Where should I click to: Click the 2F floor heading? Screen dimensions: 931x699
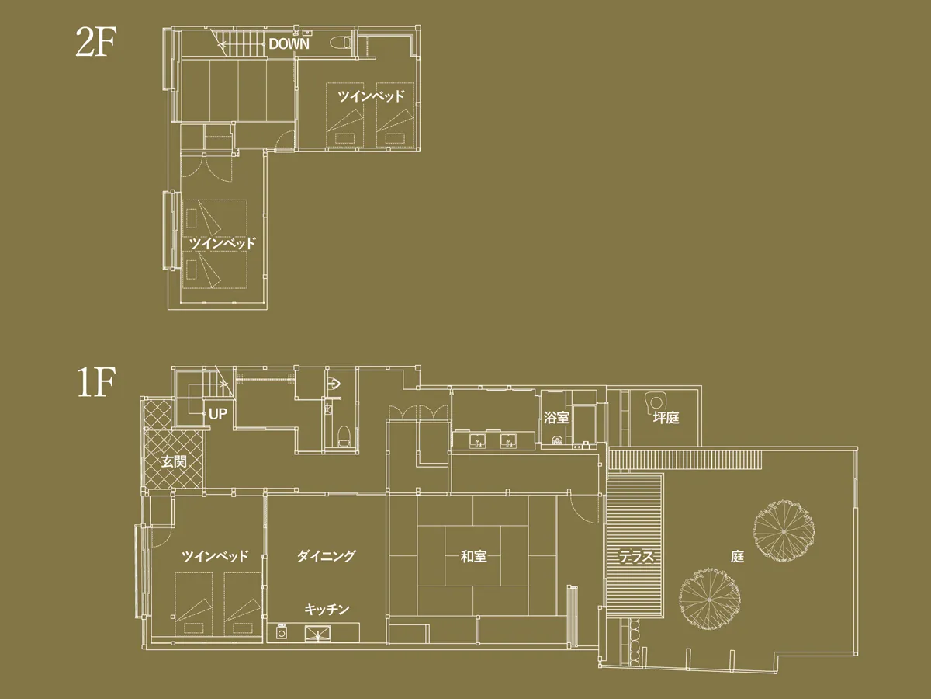click(x=96, y=42)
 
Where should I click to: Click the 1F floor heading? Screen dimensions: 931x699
click(x=96, y=382)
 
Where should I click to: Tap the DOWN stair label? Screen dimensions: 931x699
click(x=289, y=44)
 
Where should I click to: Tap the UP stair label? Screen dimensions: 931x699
click(x=218, y=414)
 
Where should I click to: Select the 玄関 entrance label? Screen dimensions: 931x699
click(x=174, y=461)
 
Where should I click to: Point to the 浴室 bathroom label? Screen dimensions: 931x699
click(x=556, y=418)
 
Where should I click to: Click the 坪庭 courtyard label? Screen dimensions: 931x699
click(x=666, y=418)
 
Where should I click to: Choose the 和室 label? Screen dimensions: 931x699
click(x=473, y=556)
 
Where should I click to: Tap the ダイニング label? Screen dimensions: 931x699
click(x=326, y=555)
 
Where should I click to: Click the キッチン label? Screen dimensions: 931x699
click(x=327, y=610)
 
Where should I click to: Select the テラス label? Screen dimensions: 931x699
click(x=635, y=556)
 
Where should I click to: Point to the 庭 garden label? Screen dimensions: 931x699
click(x=737, y=556)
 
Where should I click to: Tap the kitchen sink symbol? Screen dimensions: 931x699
click(x=317, y=634)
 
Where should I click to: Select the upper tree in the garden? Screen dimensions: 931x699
click(x=784, y=531)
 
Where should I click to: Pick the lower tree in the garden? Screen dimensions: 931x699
click(x=710, y=600)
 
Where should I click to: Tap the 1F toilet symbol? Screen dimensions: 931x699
click(x=344, y=436)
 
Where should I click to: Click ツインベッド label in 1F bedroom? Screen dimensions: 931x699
click(x=215, y=556)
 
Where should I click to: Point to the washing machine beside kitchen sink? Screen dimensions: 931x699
click(x=281, y=632)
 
